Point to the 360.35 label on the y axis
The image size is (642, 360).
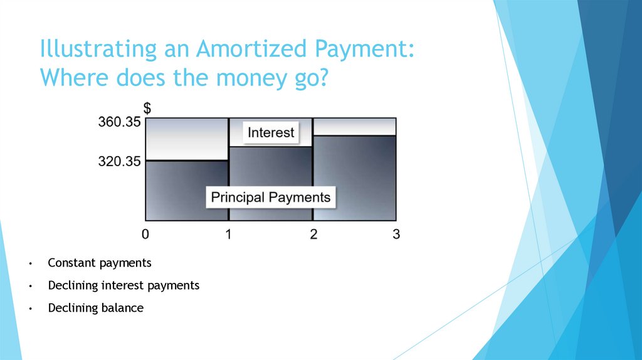click(x=119, y=122)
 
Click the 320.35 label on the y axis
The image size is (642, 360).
click(x=119, y=161)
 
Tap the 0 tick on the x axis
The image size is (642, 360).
click(x=145, y=234)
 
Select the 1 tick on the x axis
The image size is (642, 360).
click(x=229, y=234)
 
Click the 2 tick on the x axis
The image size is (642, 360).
click(x=313, y=234)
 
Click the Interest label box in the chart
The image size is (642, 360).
click(x=271, y=133)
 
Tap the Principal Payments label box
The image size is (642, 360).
click(x=270, y=198)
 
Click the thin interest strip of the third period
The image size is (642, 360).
click(x=355, y=127)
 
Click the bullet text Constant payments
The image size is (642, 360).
click(x=100, y=263)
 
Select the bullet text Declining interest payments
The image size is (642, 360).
click(x=124, y=285)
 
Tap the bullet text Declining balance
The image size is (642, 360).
click(x=95, y=308)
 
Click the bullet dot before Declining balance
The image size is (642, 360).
click(x=29, y=309)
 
